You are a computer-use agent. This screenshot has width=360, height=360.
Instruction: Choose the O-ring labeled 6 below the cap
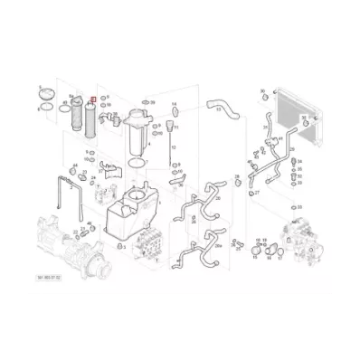click(x=43, y=109)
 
